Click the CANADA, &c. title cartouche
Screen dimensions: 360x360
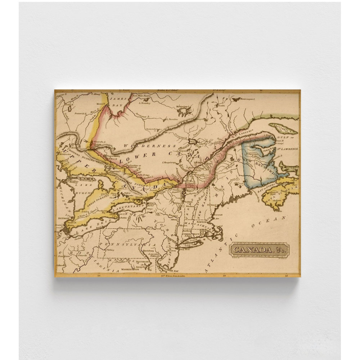point(258,249)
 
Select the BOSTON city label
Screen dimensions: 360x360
point(201,222)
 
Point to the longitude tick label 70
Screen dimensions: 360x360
point(224,276)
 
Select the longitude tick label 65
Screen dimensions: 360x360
point(287,276)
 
